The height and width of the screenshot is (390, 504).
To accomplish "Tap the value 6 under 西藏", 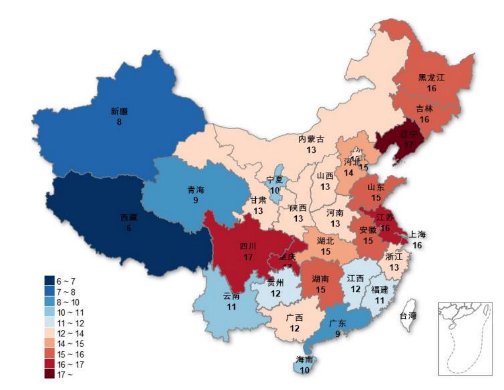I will click(129, 228).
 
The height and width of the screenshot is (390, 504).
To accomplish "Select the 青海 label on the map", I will click(196, 190).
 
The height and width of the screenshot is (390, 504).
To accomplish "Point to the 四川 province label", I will click(248, 246).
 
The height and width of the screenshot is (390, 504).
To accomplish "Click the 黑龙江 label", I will click(431, 78).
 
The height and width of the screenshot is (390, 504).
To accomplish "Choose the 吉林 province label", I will click(425, 109).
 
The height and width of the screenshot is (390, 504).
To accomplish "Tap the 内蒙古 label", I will click(311, 139).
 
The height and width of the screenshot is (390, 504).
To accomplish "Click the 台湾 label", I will click(408, 315).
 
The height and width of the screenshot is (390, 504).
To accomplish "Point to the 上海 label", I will click(417, 234).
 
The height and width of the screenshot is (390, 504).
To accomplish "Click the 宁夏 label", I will click(275, 180).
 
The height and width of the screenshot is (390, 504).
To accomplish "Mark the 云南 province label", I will click(231, 297).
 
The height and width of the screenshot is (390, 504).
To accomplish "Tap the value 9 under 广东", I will click(337, 334).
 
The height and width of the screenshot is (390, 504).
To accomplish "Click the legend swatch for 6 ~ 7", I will click(49, 280).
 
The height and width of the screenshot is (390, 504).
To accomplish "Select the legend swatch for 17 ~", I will click(49, 374).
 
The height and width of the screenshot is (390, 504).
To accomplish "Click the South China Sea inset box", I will click(465, 338).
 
